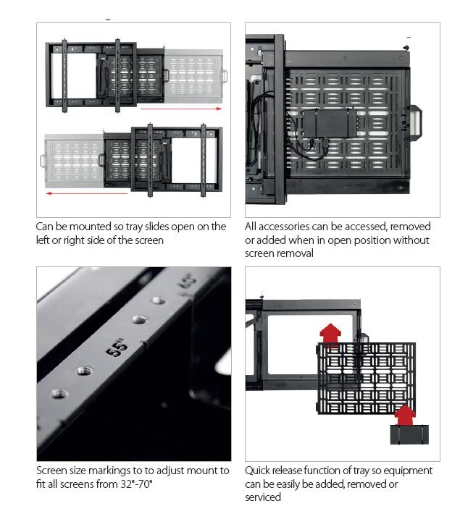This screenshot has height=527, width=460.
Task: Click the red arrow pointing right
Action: [x=181, y=109]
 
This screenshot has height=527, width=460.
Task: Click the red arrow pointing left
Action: [x=87, y=193]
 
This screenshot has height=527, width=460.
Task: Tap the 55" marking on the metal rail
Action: [x=116, y=347]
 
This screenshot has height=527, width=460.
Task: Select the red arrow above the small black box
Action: [x=406, y=415]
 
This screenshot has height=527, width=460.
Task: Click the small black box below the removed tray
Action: [x=409, y=434]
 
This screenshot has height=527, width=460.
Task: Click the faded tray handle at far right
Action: [x=224, y=75]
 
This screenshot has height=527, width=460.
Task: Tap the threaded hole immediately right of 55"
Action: [x=137, y=319]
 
